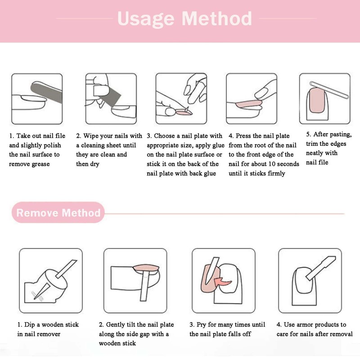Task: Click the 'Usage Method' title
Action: tap(184, 19)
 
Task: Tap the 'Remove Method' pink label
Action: tap(58, 212)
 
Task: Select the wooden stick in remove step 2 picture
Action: tap(145, 288)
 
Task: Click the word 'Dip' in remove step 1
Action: tap(31, 324)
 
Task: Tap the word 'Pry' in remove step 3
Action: tap(202, 324)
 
